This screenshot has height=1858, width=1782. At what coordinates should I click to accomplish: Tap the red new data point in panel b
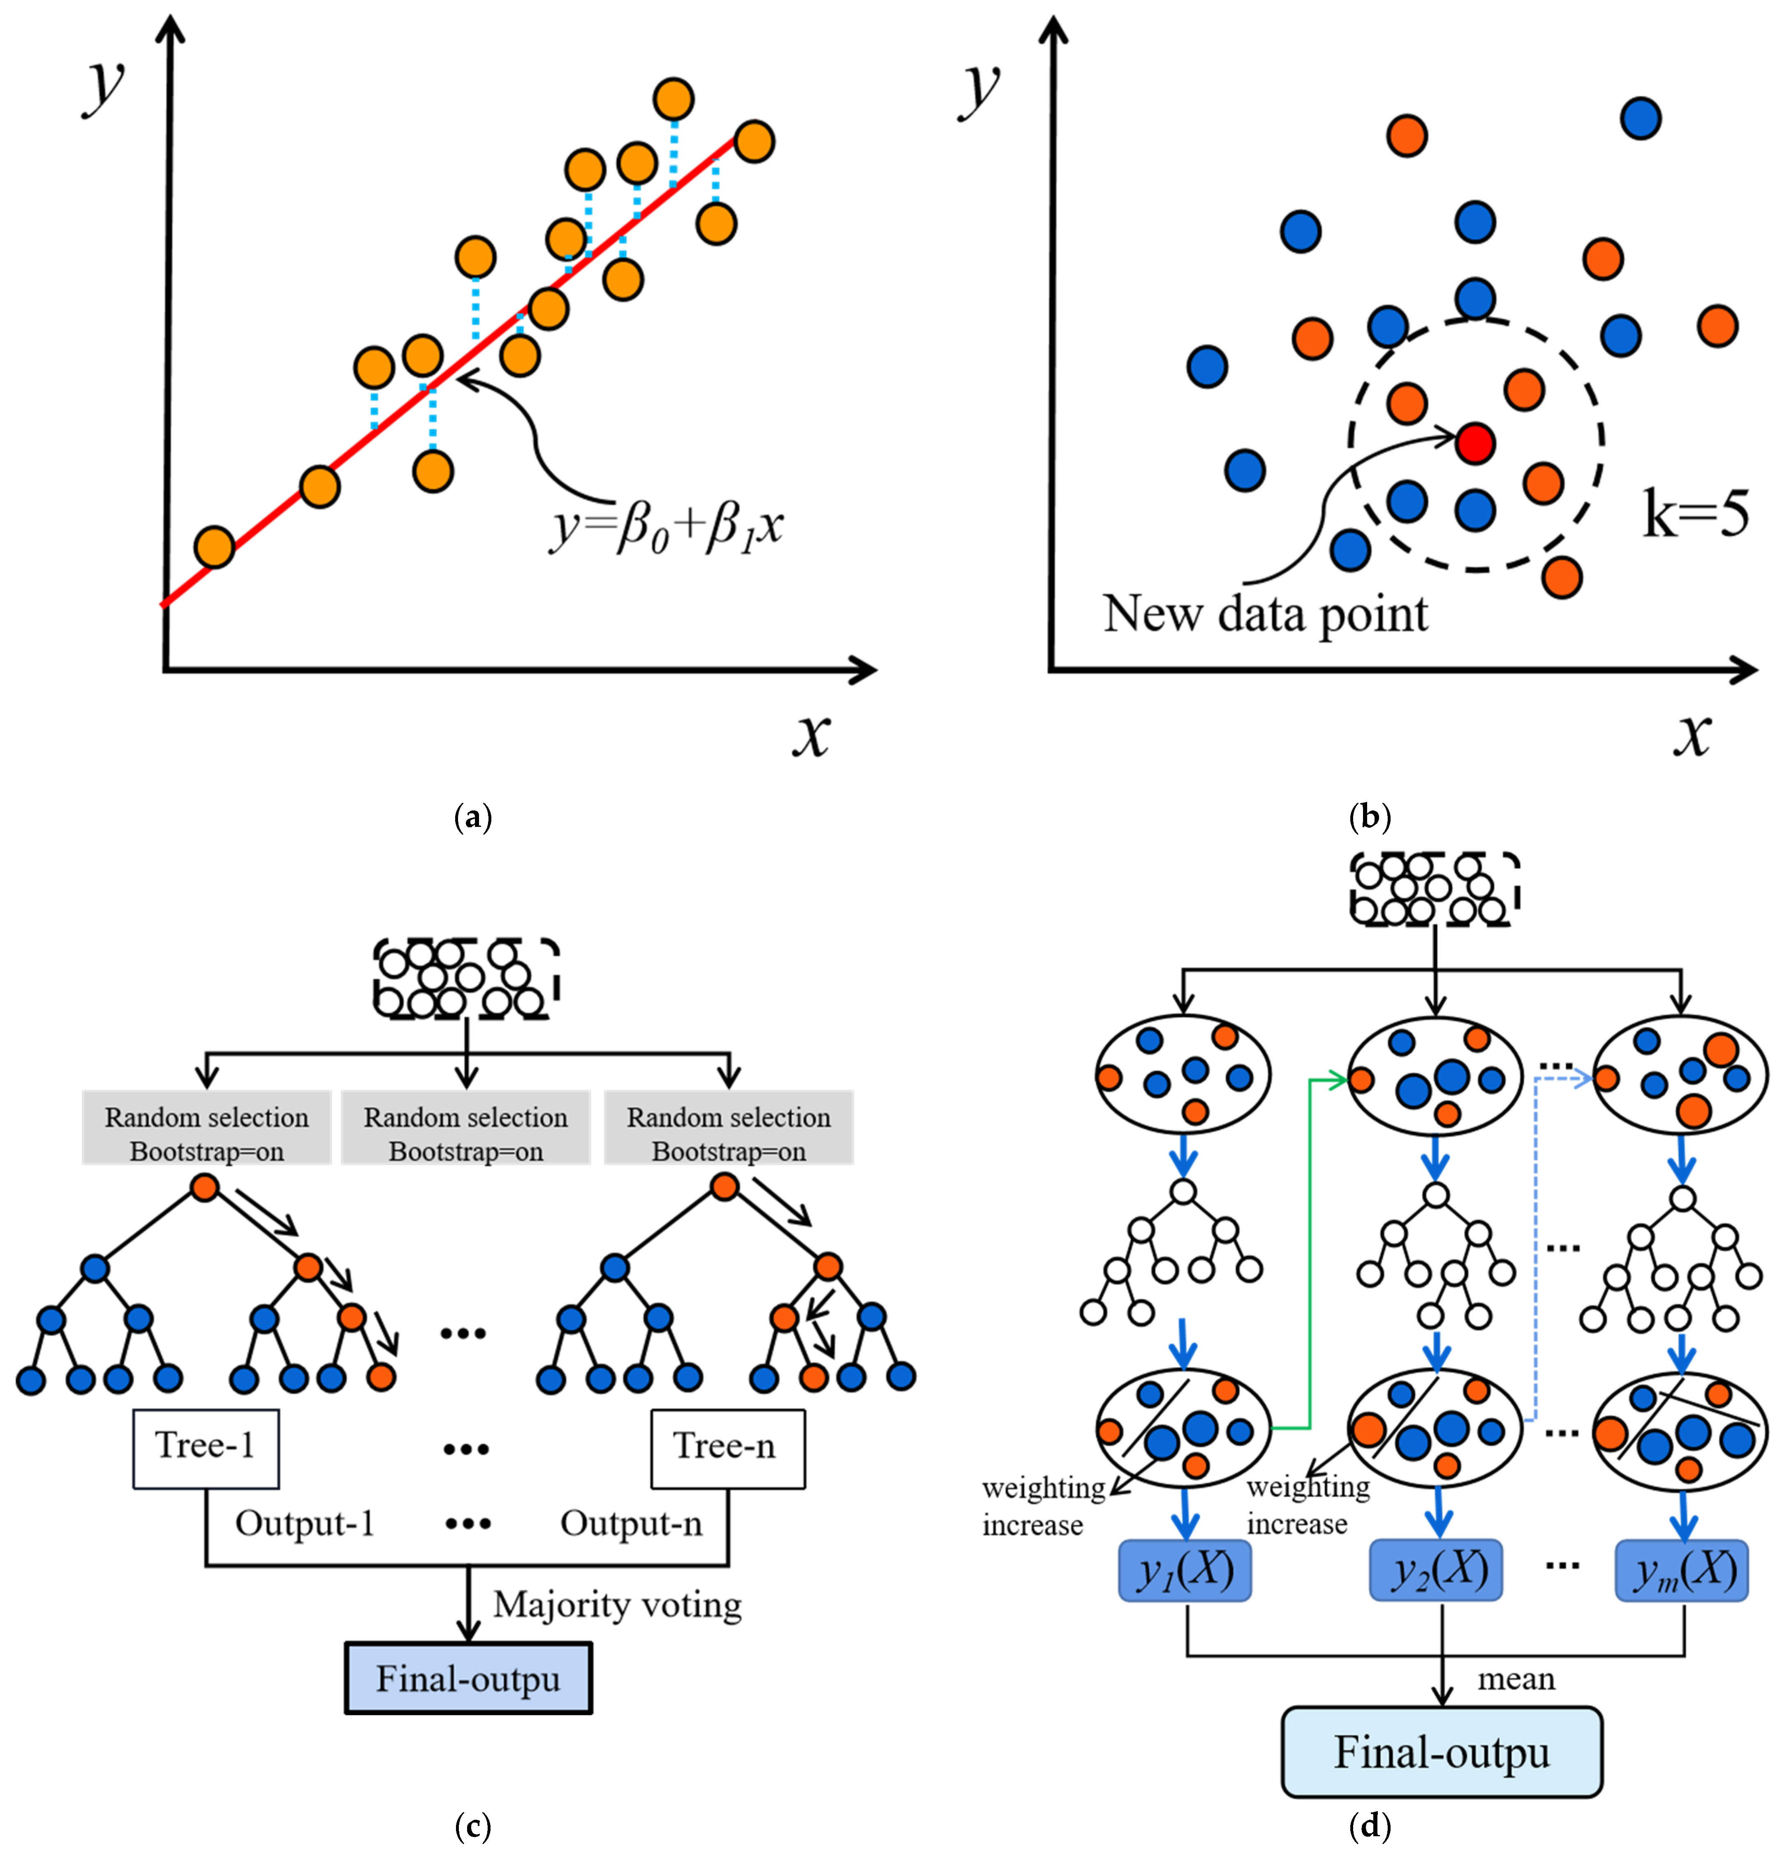[1475, 443]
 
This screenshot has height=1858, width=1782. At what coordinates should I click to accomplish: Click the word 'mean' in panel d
[1516, 1679]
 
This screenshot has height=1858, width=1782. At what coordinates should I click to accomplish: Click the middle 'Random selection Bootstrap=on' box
[466, 1134]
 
